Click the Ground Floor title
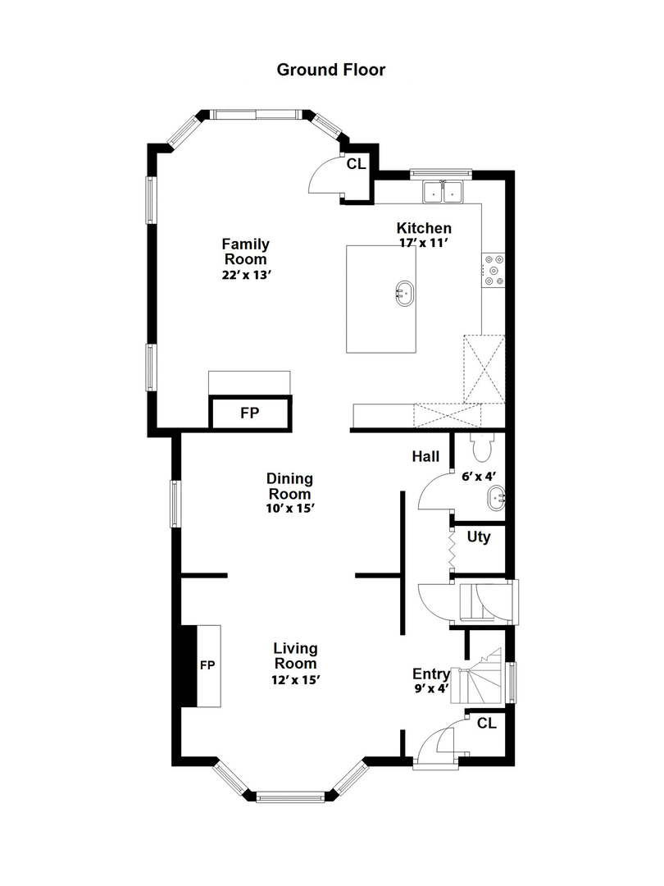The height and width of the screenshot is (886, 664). [331, 70]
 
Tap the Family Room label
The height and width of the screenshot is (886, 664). [246, 252]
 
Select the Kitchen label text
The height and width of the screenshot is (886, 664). [424, 228]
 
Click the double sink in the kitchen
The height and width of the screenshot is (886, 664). [443, 191]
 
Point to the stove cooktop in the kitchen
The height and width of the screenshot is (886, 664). [493, 270]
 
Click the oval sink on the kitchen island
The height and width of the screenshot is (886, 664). [404, 293]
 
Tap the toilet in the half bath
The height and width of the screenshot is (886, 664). [482, 447]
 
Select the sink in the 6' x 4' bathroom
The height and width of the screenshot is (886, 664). [496, 499]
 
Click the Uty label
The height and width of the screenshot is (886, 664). [479, 537]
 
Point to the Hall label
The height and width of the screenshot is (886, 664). [425, 457]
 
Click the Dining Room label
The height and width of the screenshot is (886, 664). [289, 486]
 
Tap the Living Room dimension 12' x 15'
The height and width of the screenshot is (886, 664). [296, 680]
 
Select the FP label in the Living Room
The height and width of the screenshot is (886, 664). [207, 665]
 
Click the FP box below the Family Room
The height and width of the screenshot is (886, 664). [250, 413]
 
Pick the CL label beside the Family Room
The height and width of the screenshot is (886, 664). [357, 164]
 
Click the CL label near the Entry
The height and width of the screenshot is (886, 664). [487, 724]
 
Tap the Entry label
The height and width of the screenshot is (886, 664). [431, 674]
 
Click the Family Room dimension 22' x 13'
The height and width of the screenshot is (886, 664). [247, 275]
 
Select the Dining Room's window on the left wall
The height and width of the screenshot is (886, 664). [176, 504]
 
